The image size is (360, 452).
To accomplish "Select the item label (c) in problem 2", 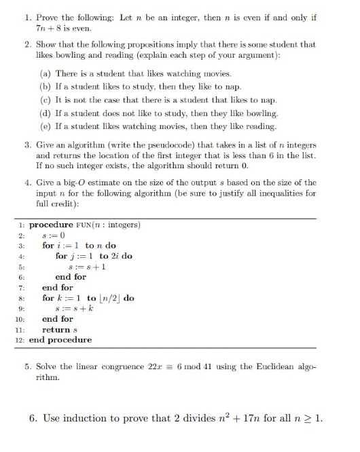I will click(46, 99).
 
